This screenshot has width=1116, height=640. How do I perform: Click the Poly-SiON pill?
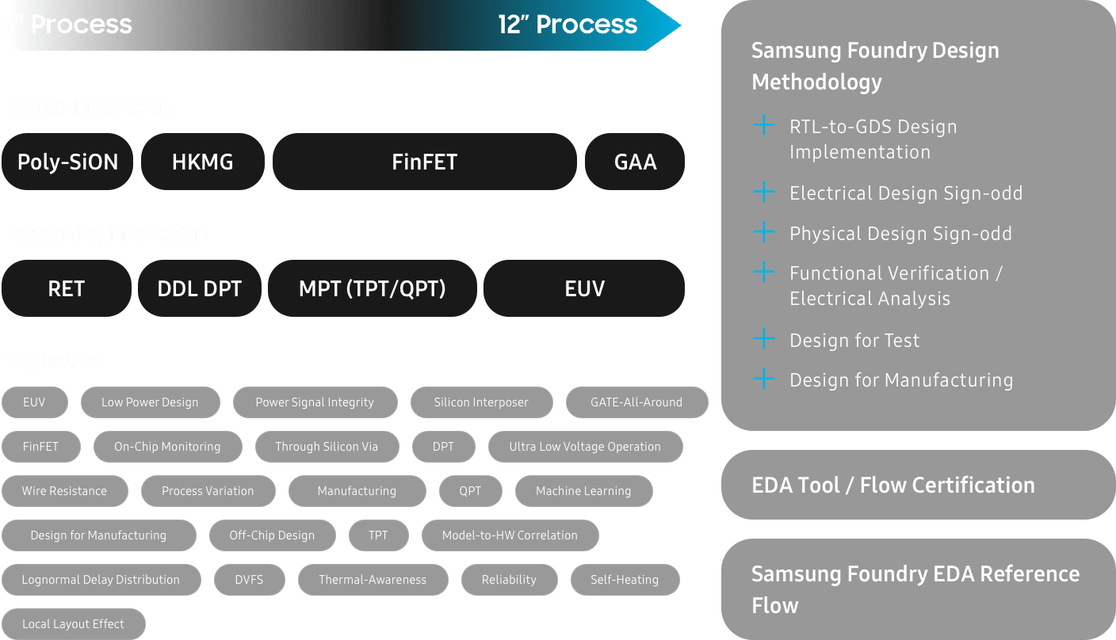coord(67,162)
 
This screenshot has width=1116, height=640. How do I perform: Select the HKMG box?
coord(203,162)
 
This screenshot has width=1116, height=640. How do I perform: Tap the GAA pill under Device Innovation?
coord(635,162)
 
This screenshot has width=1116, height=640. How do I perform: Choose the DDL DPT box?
coord(199,288)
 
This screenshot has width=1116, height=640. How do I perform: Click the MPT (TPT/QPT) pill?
coord(372,288)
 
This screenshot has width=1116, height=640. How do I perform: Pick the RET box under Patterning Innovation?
coord(66,288)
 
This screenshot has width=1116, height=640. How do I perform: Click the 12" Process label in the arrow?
coord(568,25)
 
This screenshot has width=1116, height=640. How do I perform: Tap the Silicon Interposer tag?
coord(480,402)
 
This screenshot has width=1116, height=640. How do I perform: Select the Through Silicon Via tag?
coord(327,447)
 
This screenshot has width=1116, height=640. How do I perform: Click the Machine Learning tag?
coord(583,491)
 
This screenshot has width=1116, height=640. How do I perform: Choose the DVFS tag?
coord(249,580)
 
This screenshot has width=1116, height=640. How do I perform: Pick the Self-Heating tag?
coord(625,580)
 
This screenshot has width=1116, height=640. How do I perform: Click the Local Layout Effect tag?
coord(73,624)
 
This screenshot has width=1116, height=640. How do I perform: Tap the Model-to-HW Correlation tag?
coord(510,535)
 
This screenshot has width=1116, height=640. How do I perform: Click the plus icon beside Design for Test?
coord(763,340)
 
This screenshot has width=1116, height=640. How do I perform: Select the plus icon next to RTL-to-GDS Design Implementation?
coord(763,125)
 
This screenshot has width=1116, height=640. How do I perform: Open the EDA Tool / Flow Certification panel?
coord(918,485)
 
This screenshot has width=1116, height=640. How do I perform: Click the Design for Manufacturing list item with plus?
coord(900,380)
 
